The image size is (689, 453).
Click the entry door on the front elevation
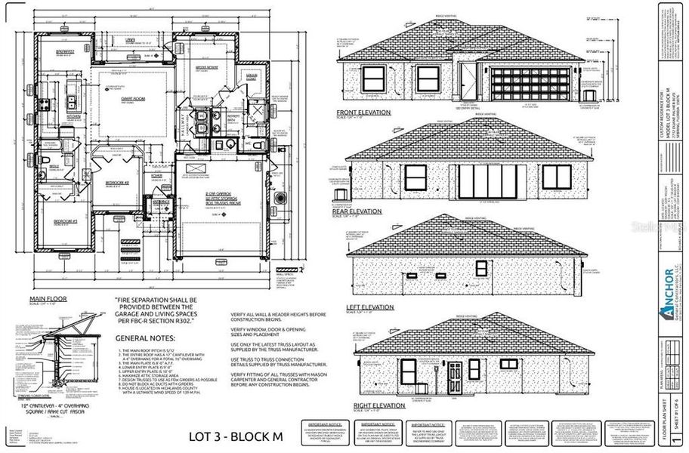468,79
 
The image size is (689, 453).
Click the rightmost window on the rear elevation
556,177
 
